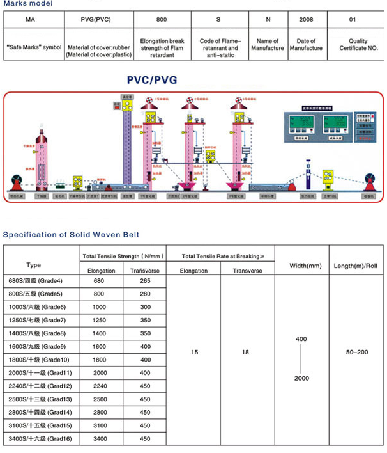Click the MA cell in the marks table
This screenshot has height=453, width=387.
pos(31,20)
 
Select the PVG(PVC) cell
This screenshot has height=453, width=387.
pos(96,20)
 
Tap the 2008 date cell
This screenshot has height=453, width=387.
pos(306,20)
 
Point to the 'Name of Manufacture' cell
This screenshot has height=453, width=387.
pos(267,45)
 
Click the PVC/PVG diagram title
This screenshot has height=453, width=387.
pos(152,80)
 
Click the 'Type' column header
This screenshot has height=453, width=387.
pos(34,264)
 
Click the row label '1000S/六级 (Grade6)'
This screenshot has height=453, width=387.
pos(40,307)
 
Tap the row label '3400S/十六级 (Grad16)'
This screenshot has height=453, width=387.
pos(40,439)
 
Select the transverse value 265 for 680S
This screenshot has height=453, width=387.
pos(145,281)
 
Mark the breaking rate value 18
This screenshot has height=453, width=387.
pos(245,353)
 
